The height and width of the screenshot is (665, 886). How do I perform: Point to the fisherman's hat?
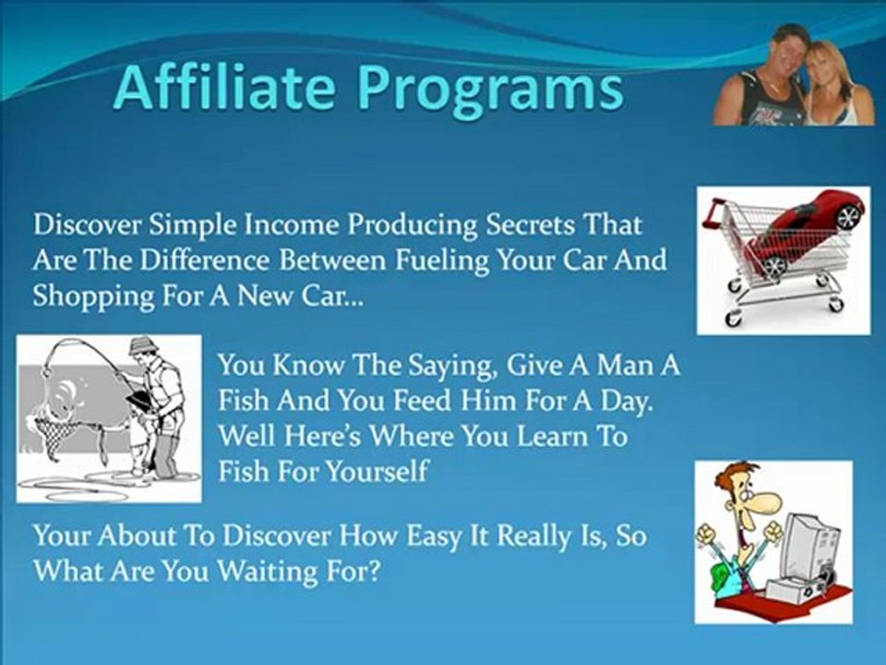coord(145,344)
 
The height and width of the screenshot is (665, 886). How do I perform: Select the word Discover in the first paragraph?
coord(89,224)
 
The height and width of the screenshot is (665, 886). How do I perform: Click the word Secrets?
coord(532,224)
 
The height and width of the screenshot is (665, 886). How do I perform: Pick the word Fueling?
coord(442,261)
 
